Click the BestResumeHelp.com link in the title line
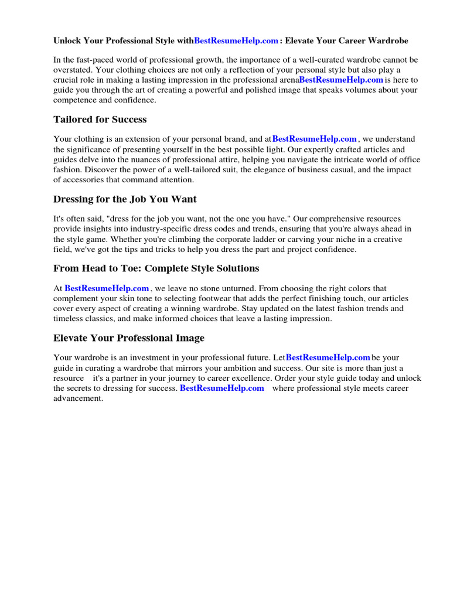coord(236,41)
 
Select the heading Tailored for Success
coord(100,120)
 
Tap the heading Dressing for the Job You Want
coord(125,199)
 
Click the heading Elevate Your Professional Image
coord(129,338)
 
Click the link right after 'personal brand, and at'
coord(315,139)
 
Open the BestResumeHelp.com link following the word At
coord(107,288)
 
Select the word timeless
coord(69,319)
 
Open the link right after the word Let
coord(328,357)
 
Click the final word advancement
coord(78,398)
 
